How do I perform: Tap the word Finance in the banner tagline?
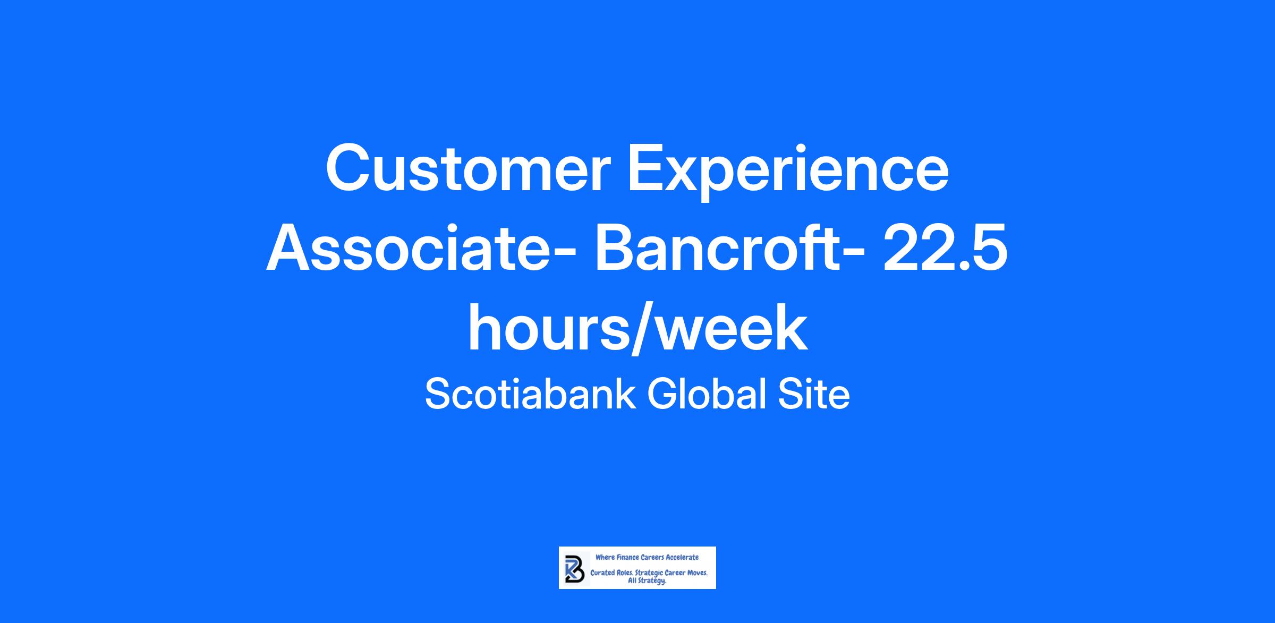[x=627, y=557]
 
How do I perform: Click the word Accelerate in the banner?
[x=682, y=557]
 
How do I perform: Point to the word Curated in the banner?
[x=603, y=574]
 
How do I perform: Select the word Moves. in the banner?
[x=695, y=574]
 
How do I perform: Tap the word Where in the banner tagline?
[x=605, y=557]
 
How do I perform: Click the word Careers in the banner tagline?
[x=652, y=557]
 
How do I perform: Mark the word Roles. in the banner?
[x=625, y=574]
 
